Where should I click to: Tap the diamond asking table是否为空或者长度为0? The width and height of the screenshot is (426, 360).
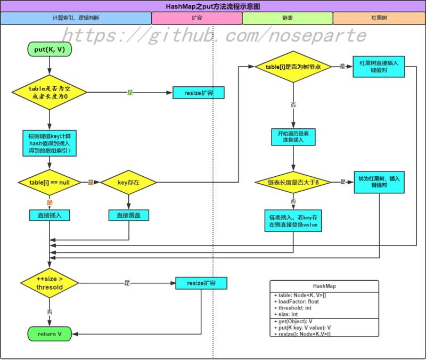[49, 93]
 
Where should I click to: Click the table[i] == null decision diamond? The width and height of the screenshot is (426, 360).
[50, 182]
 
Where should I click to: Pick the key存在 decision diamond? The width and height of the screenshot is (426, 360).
[128, 182]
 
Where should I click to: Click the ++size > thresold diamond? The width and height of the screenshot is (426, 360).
[50, 283]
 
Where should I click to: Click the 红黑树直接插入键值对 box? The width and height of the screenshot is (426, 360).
[379, 67]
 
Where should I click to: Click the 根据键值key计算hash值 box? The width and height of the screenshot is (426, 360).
[50, 142]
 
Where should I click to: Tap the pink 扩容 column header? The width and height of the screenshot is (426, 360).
[196, 18]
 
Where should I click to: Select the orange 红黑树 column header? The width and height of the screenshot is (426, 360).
[379, 18]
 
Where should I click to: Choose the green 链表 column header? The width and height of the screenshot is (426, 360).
[288, 18]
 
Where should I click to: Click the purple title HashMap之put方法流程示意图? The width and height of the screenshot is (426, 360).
[213, 6]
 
